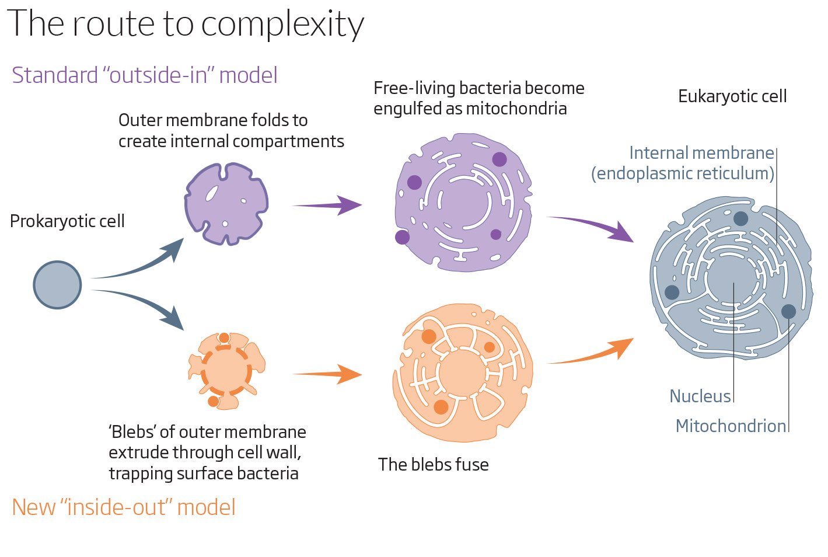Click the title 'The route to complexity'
[186, 25]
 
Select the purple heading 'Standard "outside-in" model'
[144, 75]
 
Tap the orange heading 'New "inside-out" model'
[124, 507]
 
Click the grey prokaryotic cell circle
[57, 285]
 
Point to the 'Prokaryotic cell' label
[67, 221]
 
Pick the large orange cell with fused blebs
[462, 373]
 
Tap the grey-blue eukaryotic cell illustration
[731, 277]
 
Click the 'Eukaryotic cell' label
[732, 96]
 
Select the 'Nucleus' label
[700, 396]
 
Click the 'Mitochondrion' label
[731, 426]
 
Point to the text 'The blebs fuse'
[433, 465]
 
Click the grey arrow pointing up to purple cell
[140, 263]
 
